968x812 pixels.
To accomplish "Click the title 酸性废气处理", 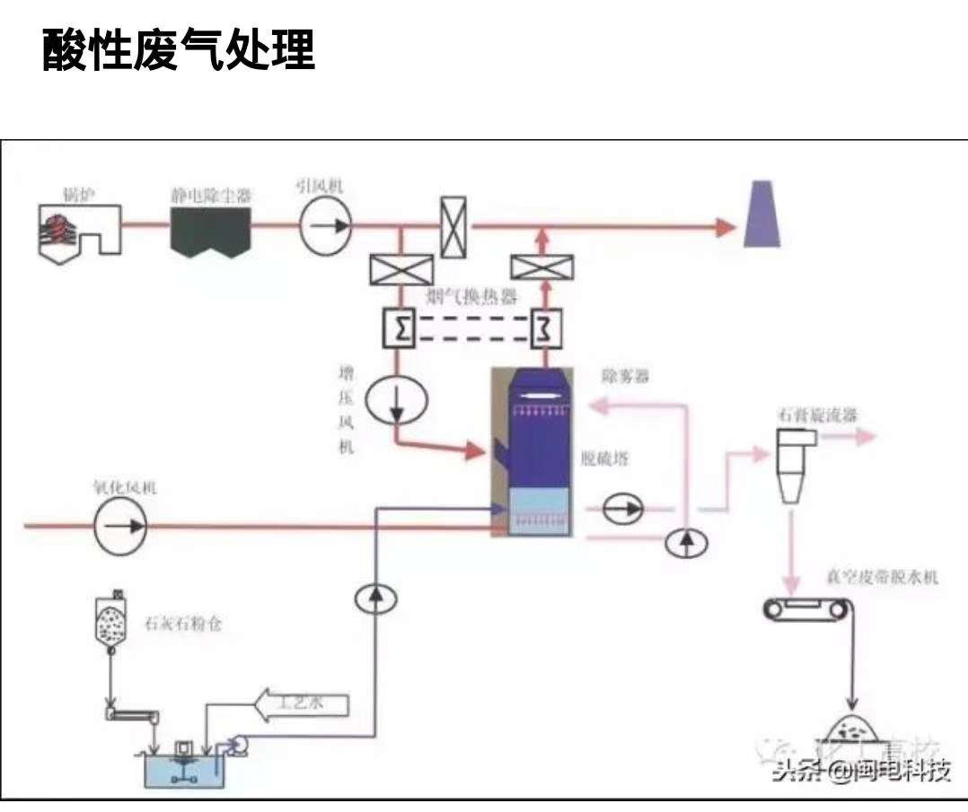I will tap(178, 51).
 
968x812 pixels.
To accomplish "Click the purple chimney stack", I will tap(761, 214).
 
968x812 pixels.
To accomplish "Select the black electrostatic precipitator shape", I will tap(210, 229).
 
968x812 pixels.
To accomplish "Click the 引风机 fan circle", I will tap(325, 223).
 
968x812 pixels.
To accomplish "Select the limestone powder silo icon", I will tap(112, 618).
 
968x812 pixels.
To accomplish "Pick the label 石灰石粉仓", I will tap(182, 622).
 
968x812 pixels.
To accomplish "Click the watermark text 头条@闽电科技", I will tap(860, 771).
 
